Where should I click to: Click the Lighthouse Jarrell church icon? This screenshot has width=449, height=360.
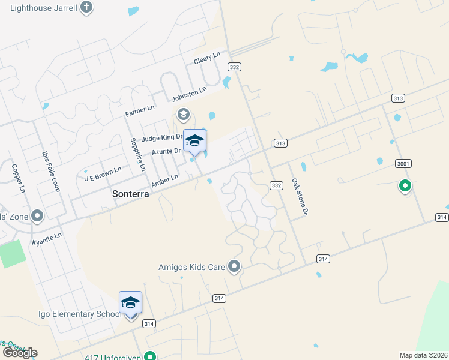point(87,8)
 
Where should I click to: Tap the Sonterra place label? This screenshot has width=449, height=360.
point(131,194)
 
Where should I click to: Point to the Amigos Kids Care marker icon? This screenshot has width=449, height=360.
point(235,266)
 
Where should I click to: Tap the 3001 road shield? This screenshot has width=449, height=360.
point(403,163)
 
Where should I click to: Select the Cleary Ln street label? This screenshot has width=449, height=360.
point(208,61)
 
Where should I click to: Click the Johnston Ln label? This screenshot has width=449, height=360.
point(189,94)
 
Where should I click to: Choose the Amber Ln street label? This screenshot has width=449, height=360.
point(165,179)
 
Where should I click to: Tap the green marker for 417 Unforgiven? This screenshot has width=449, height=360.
point(151,356)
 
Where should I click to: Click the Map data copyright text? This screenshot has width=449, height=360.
point(423,355)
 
